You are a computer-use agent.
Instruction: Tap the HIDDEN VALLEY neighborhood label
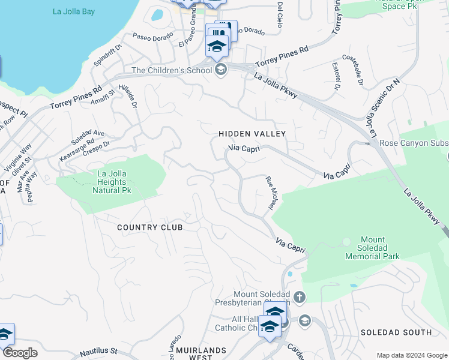(x=252, y=134)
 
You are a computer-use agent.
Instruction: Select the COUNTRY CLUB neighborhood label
(x=149, y=227)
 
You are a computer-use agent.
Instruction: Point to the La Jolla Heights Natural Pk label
(x=110, y=182)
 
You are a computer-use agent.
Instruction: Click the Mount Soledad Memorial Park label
(x=372, y=248)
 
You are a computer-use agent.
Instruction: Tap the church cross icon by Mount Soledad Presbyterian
(x=300, y=297)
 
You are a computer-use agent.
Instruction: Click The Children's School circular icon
(x=221, y=70)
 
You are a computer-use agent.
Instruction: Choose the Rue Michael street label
(x=271, y=193)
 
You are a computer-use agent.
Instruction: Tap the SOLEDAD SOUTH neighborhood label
(x=396, y=332)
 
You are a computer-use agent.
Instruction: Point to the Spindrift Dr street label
(x=108, y=54)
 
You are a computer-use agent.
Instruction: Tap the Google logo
(x=20, y=353)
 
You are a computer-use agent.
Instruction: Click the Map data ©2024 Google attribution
(x=411, y=355)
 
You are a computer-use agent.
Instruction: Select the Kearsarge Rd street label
(x=77, y=150)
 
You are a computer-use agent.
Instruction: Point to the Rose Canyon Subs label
(x=414, y=143)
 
